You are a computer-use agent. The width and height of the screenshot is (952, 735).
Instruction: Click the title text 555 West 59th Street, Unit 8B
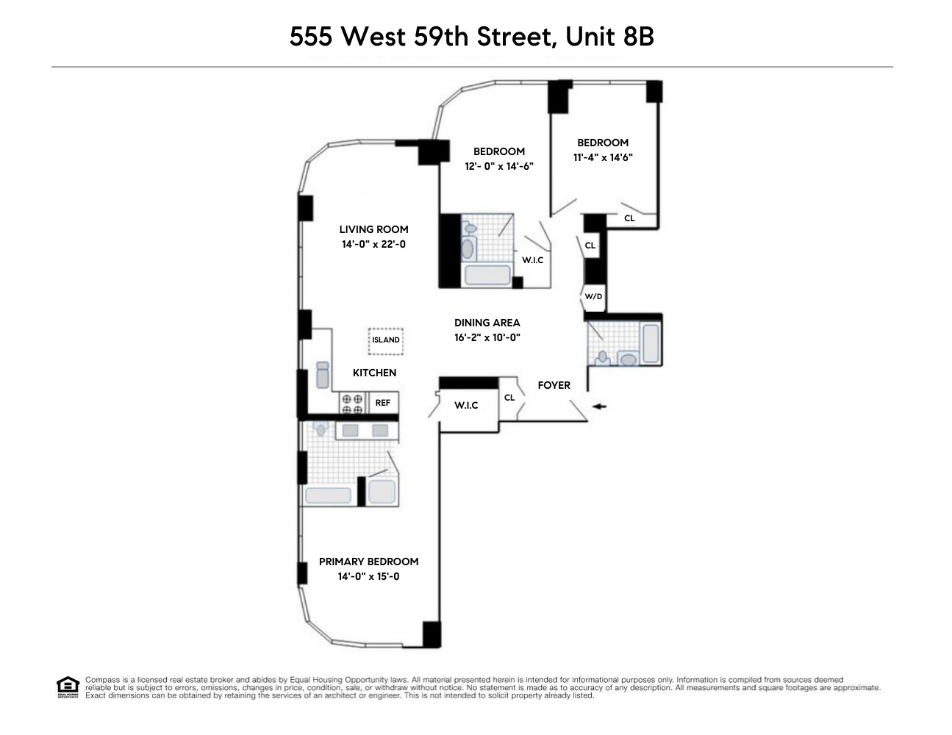pos(471,36)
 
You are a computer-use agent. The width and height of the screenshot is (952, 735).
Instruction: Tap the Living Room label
pos(373,229)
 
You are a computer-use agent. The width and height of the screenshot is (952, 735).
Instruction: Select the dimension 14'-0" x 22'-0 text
pos(373,244)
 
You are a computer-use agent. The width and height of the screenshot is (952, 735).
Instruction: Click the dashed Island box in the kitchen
pos(386,340)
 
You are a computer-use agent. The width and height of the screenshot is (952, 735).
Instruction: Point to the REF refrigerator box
pos(383,403)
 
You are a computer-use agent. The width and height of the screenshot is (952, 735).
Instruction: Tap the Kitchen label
pos(374,373)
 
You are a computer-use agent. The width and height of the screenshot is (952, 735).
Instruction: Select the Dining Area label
pos(487,323)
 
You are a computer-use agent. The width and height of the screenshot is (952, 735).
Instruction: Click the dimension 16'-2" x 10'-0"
pos(487,338)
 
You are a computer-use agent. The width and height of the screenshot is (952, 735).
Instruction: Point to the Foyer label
pos(554,385)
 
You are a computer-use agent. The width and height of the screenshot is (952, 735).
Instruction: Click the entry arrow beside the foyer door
pos(600,406)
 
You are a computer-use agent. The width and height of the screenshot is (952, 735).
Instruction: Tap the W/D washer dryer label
pos(593,297)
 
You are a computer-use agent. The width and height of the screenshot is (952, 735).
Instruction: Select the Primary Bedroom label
pos(368,562)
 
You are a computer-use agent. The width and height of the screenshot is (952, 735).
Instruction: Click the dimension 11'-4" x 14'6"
pos(603,157)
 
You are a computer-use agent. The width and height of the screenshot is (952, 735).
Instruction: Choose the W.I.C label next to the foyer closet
pos(466,406)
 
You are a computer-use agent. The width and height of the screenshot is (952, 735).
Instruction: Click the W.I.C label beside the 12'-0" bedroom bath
pos(532,260)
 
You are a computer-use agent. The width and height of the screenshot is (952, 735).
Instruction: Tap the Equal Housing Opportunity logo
pos(67,686)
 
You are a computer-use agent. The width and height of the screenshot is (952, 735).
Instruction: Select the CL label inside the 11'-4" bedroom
pos(629,218)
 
